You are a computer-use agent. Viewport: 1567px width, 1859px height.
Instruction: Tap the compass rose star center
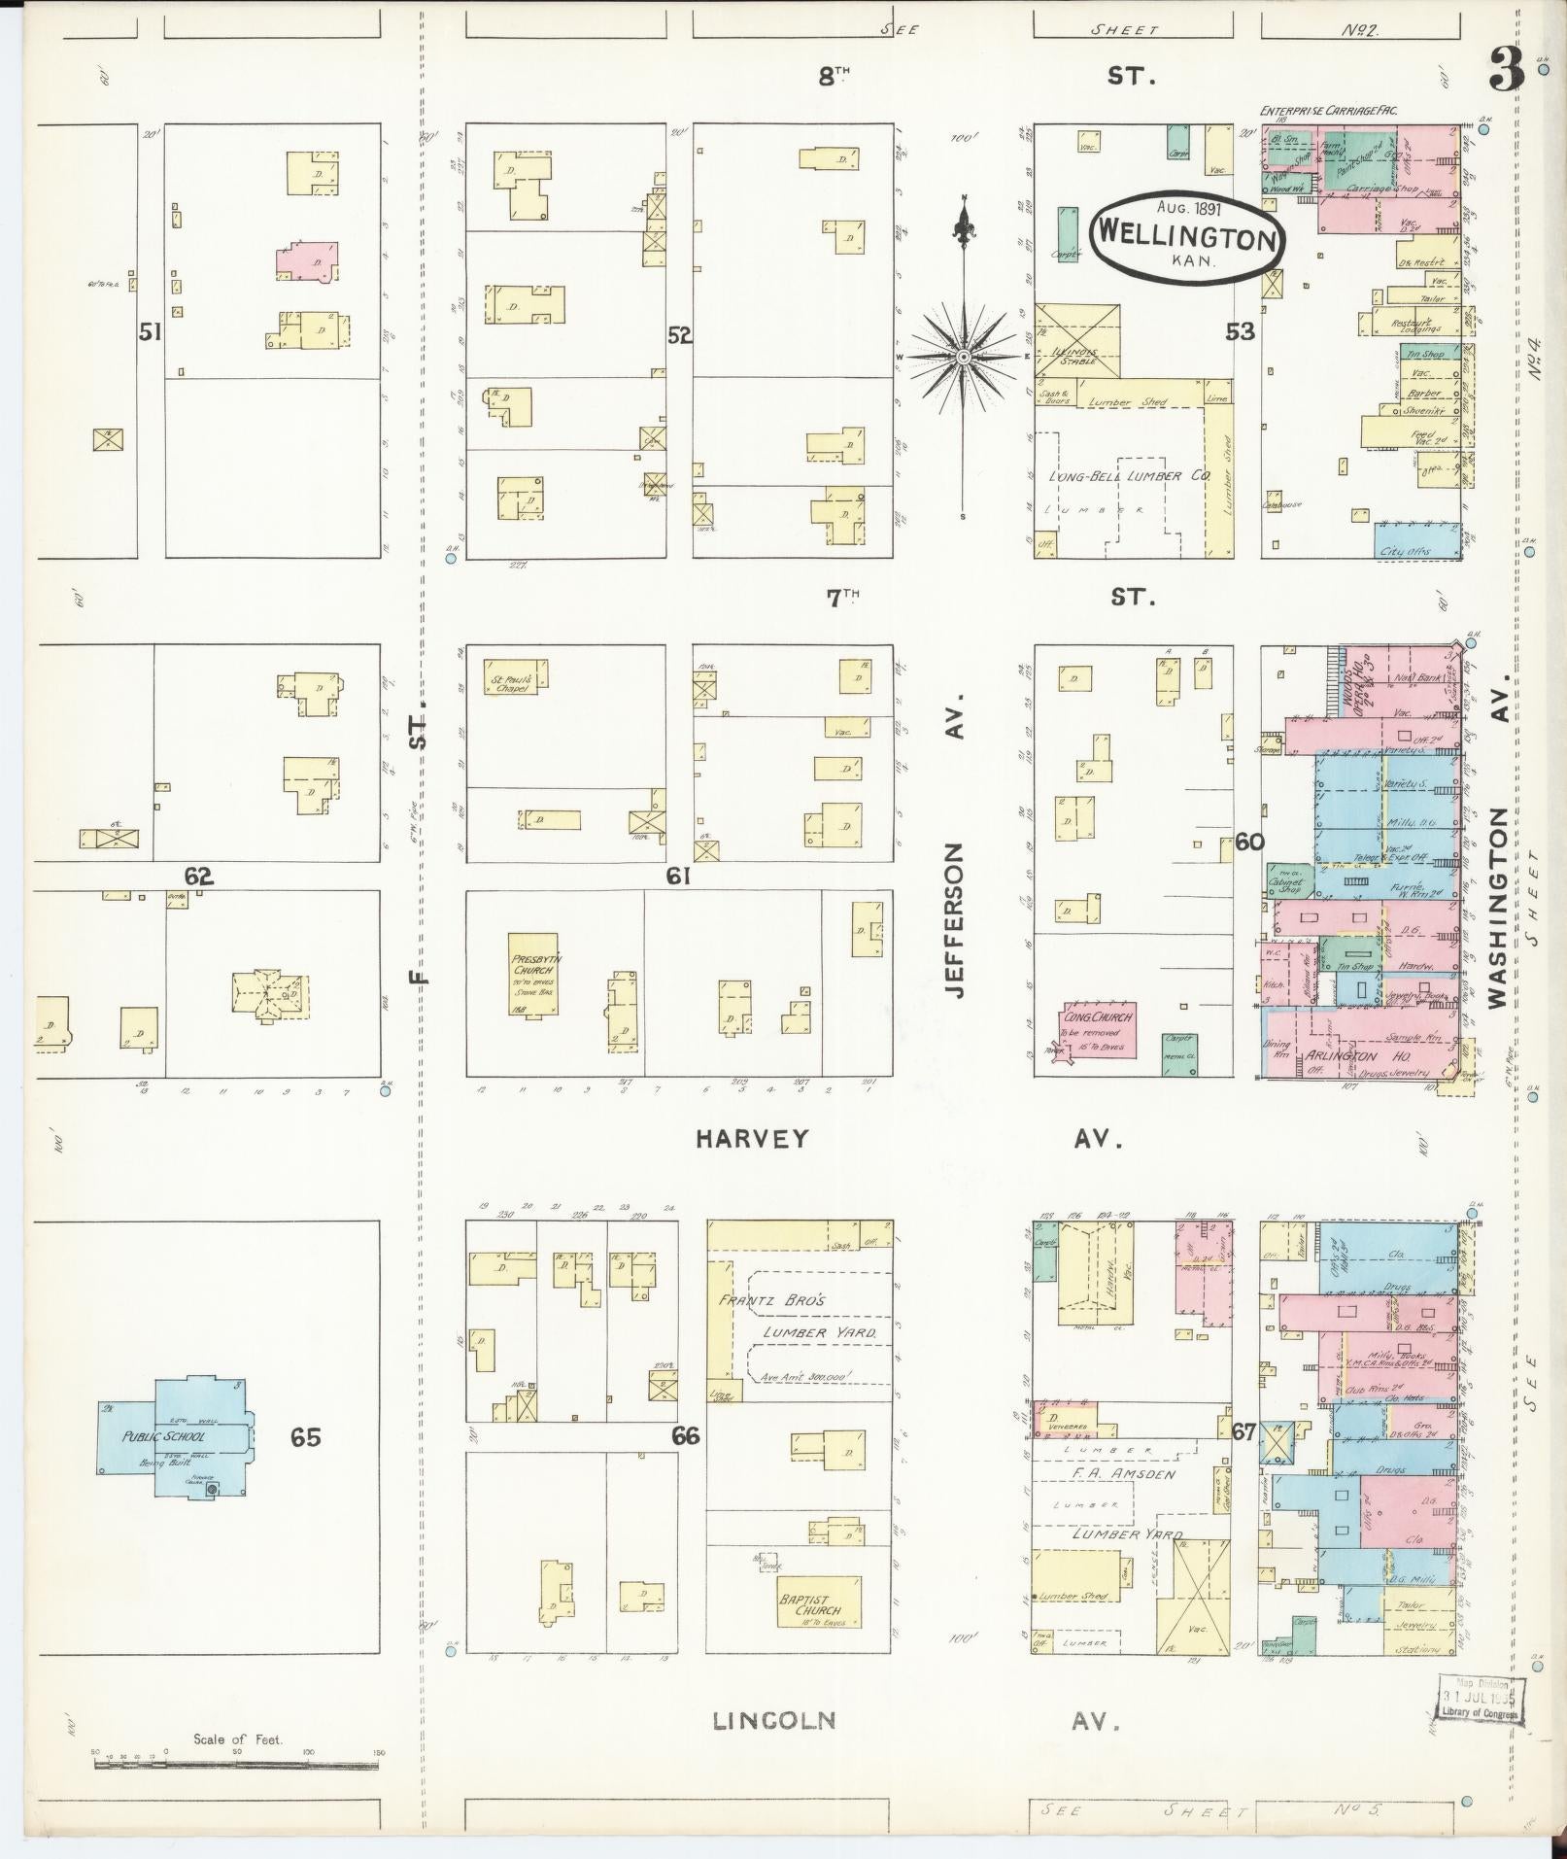point(963,358)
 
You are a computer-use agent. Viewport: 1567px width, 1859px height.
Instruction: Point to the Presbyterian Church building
point(533,975)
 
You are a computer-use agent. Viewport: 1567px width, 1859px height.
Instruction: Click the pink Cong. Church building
point(1097,1030)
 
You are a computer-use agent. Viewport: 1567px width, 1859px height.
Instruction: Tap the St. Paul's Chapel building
point(515,676)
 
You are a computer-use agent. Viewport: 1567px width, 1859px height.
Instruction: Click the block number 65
point(305,1436)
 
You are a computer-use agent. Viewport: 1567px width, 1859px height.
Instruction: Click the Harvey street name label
point(752,1139)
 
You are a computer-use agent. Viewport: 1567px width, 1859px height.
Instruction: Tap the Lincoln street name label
point(774,1721)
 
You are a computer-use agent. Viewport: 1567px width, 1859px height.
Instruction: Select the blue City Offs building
point(1417,540)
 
